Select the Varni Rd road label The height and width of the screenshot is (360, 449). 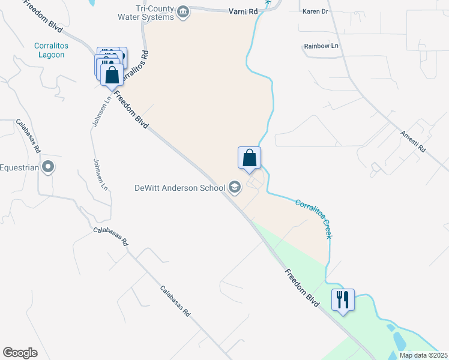[x=244, y=11]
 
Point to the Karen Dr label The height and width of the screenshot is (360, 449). [x=315, y=11]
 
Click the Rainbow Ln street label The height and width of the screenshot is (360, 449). [x=321, y=46]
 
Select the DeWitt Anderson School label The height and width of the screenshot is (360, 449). [x=179, y=188]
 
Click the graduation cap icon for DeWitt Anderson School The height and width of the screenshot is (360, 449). [x=235, y=188]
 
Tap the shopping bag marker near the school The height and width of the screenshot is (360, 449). [x=250, y=158]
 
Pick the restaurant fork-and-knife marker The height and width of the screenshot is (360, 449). [x=343, y=299]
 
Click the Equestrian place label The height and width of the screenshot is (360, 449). [x=19, y=167]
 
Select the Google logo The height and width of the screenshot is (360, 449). [x=20, y=352]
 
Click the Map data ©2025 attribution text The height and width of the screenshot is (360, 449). [x=423, y=355]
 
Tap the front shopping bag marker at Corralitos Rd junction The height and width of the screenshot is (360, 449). [x=112, y=76]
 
